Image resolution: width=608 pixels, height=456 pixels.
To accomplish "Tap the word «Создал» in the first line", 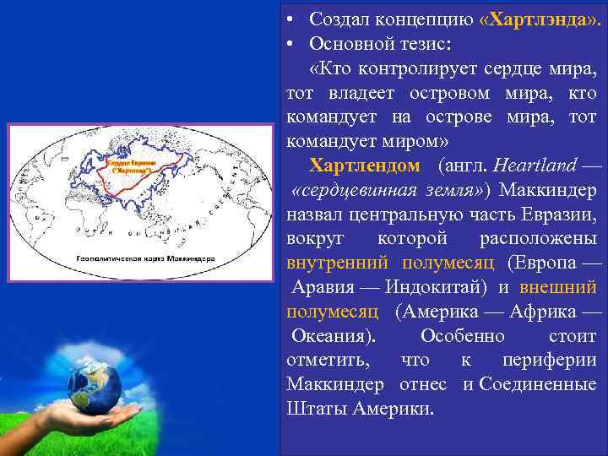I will (338, 18).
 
